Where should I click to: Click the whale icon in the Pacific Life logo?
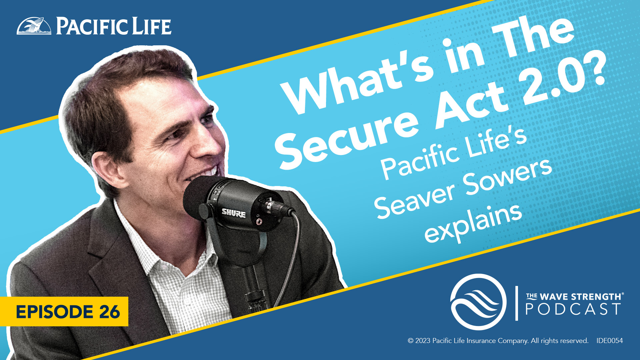pos(34,26)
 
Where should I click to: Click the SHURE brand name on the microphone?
pos(234,213)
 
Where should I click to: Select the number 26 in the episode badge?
pos(109,312)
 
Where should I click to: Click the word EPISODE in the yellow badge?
pos(55,312)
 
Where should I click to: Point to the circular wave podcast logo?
pos(478,302)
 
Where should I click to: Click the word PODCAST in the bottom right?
pos(573,309)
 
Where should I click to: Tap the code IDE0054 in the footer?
pos(609,341)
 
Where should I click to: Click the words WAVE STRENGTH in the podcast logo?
pos(580,296)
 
